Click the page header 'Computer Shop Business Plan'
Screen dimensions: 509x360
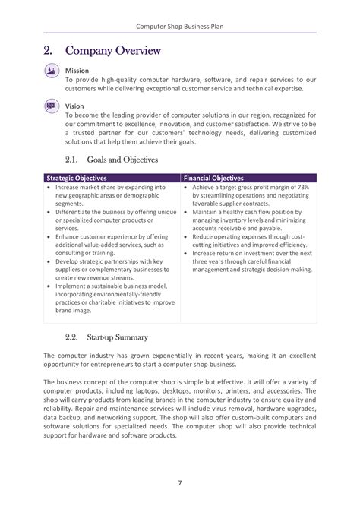pyautogui.click(x=180, y=25)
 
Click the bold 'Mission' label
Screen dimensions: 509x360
pyautogui.click(x=77, y=71)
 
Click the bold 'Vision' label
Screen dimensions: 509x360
pyautogui.click(x=74, y=106)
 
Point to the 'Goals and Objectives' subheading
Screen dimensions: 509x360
pyautogui.click(x=122, y=160)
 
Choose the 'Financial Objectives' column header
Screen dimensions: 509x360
pyautogui.click(x=213, y=178)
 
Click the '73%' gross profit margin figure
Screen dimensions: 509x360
pyautogui.click(x=302, y=187)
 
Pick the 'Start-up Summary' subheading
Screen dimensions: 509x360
pyautogui.click(x=117, y=337)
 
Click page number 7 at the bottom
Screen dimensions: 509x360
pyautogui.click(x=180, y=482)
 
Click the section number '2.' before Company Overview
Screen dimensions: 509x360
pyautogui.click(x=48, y=51)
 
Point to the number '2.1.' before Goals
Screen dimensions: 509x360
pyautogui.click(x=72, y=160)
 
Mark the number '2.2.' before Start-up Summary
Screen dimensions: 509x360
pyautogui.click(x=72, y=337)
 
